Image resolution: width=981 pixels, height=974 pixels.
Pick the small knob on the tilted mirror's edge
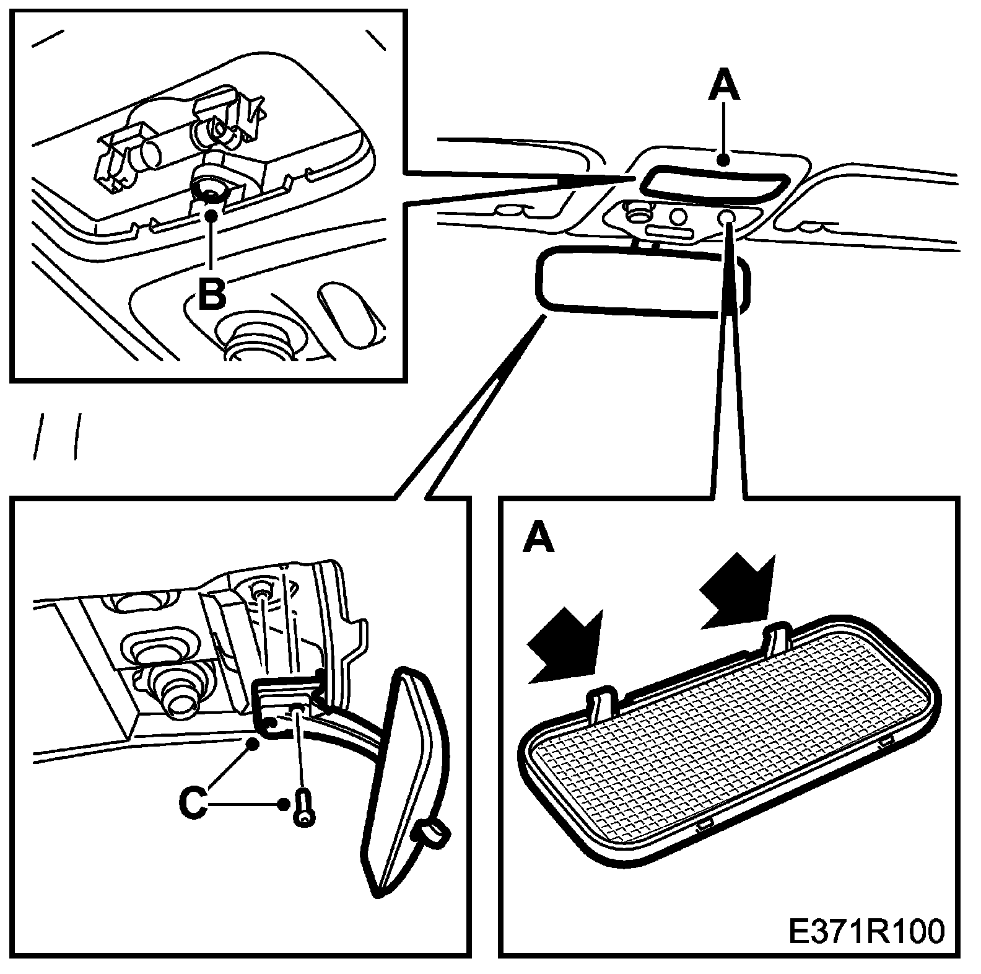click(x=431, y=832)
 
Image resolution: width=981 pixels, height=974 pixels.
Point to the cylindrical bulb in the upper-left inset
click(x=149, y=152)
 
